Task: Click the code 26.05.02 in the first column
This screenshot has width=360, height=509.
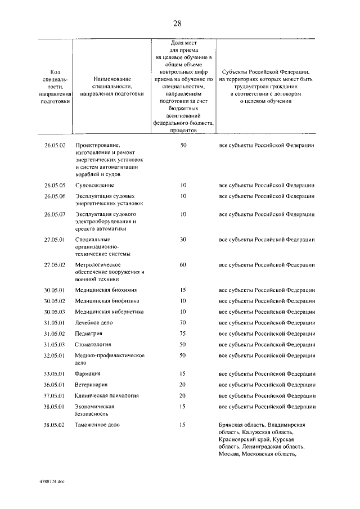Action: pyautogui.click(x=55, y=146)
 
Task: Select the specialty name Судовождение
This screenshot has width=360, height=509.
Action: pyautogui.click(x=94, y=185)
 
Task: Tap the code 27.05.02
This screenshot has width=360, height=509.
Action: pyautogui.click(x=55, y=264)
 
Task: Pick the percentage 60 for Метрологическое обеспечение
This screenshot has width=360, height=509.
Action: pyautogui.click(x=183, y=264)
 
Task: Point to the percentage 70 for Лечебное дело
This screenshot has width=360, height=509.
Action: pyautogui.click(x=183, y=323)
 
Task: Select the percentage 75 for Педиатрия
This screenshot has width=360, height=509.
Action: pyautogui.click(x=183, y=334)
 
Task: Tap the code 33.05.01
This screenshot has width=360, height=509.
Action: pyautogui.click(x=55, y=373)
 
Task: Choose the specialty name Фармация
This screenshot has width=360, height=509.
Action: pyautogui.click(x=88, y=373)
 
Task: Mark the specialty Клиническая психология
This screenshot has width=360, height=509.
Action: pyautogui.click(x=107, y=395)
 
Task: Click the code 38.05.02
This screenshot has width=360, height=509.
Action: pyautogui.click(x=55, y=425)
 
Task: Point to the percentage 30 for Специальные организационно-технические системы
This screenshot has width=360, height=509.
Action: pyautogui.click(x=183, y=239)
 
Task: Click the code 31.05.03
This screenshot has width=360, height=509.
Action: pyautogui.click(x=55, y=344)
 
